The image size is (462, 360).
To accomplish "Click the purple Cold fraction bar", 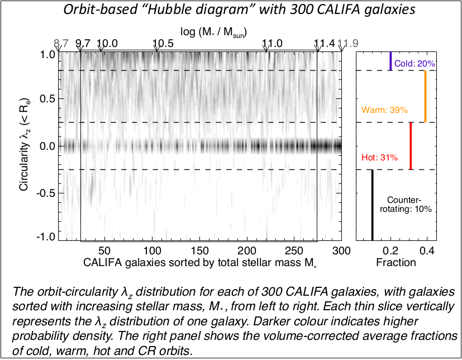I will point(391,61).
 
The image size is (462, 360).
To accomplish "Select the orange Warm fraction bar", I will point(425,96).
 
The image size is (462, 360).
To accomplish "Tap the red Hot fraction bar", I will point(411,145).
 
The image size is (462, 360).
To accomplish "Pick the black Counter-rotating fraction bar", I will point(372,204).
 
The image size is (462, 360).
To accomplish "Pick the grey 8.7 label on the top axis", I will point(61,44).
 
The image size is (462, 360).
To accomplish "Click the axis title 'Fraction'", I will point(396,262).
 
